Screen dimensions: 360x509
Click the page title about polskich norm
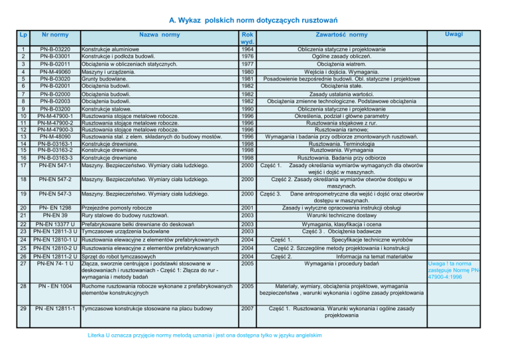(x=254, y=11)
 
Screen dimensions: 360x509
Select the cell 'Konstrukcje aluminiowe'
(x=110, y=49)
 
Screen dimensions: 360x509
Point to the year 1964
(x=247, y=49)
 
